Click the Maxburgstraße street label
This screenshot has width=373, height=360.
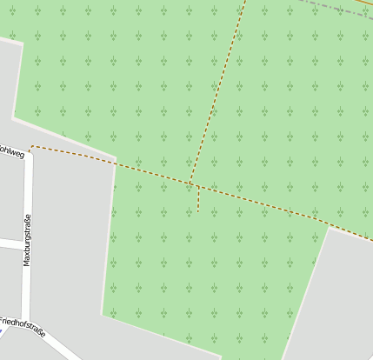click(27, 239)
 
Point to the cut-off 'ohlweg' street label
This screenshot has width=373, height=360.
click(12, 152)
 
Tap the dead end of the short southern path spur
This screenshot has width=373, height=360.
click(198, 211)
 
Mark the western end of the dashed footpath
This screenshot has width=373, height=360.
click(31, 147)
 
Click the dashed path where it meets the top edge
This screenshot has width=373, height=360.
click(245, 3)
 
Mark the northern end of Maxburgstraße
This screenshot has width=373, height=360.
click(29, 155)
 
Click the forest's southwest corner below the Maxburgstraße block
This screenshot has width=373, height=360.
click(103, 314)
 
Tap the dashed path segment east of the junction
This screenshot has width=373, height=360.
click(261, 203)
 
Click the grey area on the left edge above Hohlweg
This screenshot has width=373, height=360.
click(7, 87)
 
